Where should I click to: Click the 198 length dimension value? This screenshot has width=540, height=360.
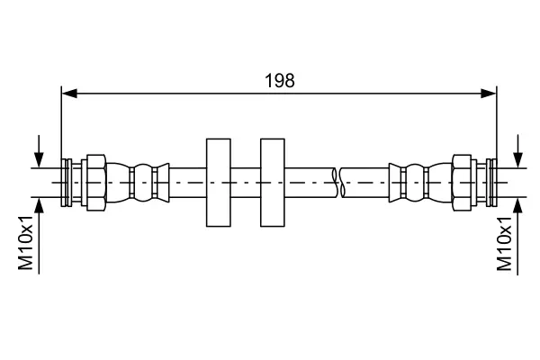coord(279,81)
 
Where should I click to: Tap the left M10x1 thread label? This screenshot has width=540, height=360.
coord(26,243)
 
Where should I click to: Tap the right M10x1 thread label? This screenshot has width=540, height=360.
coord(504,244)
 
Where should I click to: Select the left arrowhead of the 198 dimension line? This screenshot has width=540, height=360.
coord(69,93)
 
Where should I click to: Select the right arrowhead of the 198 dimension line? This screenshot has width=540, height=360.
coord(489,93)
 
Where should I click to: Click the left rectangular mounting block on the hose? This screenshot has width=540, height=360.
coord(219,183)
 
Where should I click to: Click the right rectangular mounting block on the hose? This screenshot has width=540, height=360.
coord(273,183)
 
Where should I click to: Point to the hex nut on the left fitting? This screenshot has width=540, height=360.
coord(96,183)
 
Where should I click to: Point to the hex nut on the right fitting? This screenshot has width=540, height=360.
coord(462,183)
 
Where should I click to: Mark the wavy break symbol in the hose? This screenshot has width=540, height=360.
coord(338,183)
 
